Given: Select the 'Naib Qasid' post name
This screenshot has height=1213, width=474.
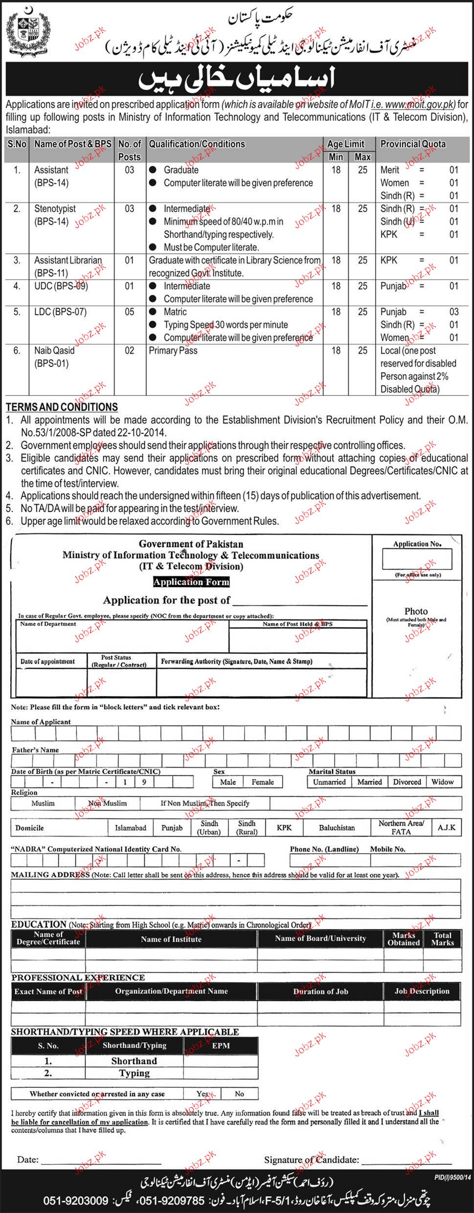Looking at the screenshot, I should point(54,351).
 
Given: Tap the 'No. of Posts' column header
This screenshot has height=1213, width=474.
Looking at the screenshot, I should point(130,150).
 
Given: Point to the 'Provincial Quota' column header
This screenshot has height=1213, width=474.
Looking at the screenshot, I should point(413,144).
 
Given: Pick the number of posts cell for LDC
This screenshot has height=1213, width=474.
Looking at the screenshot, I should point(129,312).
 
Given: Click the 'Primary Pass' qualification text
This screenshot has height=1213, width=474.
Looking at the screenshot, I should point(173,351).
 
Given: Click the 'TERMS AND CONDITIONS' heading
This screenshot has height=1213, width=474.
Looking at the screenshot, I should point(62,407).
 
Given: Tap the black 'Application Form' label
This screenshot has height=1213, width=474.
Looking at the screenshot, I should point(191,582).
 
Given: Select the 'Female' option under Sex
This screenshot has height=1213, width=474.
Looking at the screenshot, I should point(263,782).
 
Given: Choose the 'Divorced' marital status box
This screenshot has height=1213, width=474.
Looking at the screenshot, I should point(407,782).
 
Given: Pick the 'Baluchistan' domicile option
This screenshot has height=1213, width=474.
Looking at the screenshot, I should point(337,828).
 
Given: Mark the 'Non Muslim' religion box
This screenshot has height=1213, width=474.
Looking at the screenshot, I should point(107,803).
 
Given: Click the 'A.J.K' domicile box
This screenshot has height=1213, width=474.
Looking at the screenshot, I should point(446,828).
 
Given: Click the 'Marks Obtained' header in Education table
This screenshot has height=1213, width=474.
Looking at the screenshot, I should point(404,939).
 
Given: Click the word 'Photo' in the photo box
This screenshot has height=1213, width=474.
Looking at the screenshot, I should point(416,611).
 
